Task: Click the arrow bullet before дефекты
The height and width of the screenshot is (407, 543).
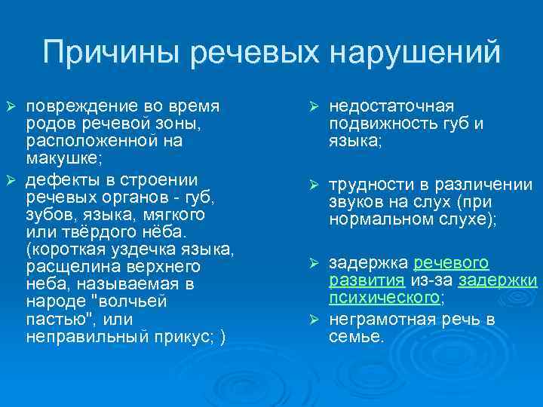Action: tap(11, 181)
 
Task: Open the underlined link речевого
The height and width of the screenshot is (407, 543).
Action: tap(452, 263)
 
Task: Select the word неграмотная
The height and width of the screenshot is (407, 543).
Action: tap(381, 320)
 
